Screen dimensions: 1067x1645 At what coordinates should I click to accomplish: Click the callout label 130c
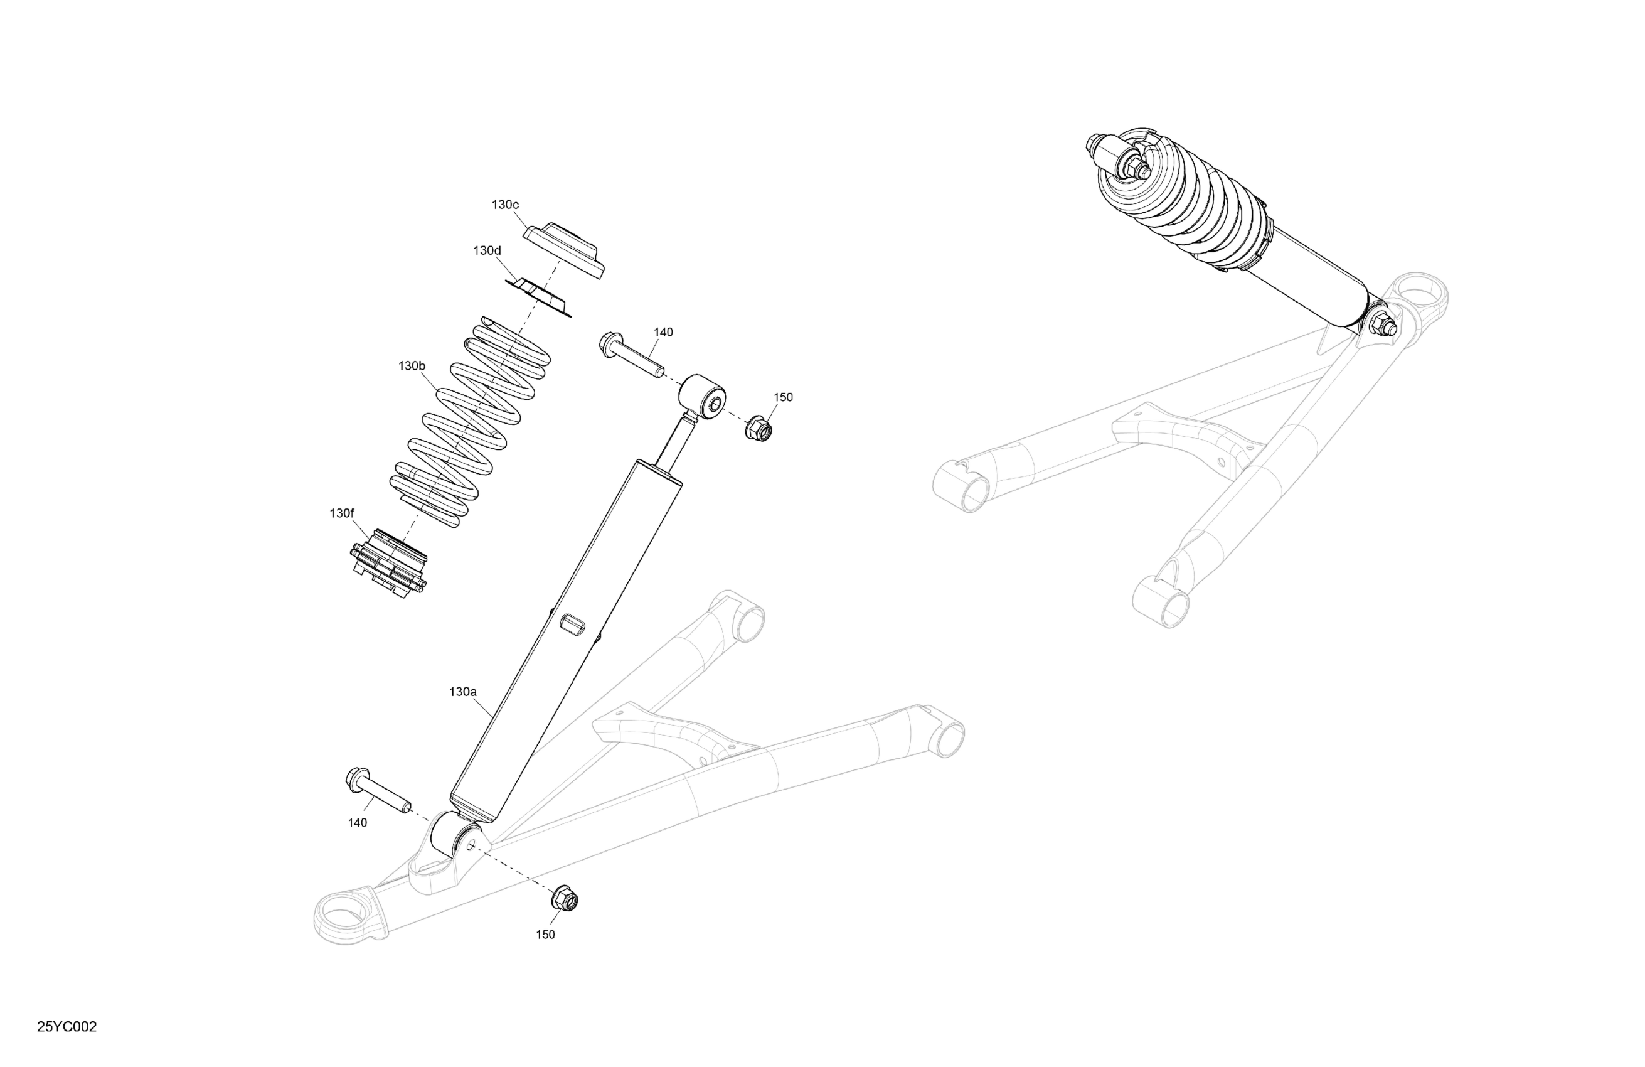[x=505, y=205]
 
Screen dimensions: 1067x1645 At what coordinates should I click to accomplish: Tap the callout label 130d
[x=487, y=250]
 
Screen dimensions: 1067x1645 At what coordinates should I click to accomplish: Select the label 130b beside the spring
[x=412, y=366]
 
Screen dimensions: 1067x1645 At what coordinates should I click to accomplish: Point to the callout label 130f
[x=341, y=513]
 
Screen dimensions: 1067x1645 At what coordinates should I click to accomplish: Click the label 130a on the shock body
[x=463, y=692]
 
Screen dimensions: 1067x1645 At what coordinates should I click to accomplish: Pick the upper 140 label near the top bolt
[x=663, y=332]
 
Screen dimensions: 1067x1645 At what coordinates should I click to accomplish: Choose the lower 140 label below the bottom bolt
[x=358, y=823]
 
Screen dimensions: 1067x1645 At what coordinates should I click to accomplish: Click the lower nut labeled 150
[x=564, y=899]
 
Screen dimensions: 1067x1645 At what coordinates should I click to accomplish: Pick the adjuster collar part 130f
[x=388, y=563]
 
